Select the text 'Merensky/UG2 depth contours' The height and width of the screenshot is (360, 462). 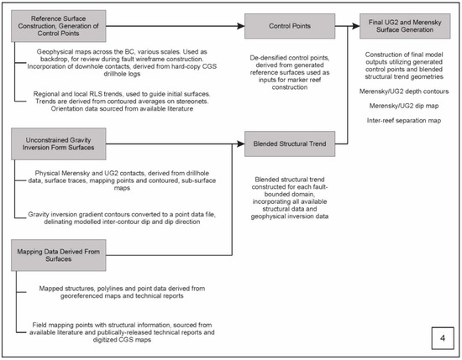(409, 113)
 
